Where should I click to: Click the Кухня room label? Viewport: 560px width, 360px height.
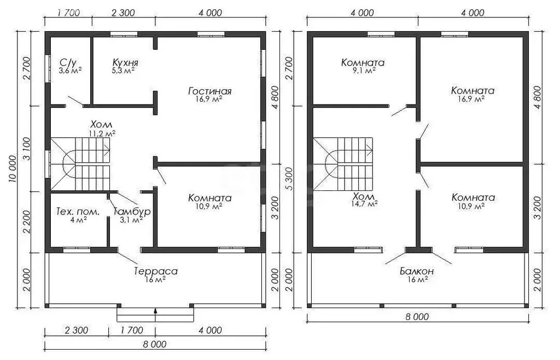[x=125, y=62]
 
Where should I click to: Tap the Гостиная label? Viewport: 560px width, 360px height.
[x=209, y=91]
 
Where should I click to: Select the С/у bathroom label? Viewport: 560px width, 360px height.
[x=68, y=63]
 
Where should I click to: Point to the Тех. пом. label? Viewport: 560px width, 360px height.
[x=78, y=212]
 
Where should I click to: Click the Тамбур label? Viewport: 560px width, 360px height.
[x=132, y=211]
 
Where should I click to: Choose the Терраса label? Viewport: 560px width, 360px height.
[x=156, y=271]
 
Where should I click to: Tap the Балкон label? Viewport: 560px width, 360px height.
[x=417, y=271]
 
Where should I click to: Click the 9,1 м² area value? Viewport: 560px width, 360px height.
[x=363, y=71]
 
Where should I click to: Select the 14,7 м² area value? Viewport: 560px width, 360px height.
[x=364, y=204]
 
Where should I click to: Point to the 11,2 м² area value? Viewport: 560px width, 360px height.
[x=102, y=133]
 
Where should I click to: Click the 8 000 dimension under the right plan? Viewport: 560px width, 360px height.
[x=417, y=316]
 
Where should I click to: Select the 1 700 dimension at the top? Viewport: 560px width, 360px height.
[x=68, y=13]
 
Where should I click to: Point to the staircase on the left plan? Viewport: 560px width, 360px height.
[x=80, y=164]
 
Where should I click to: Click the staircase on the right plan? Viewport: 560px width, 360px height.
[x=343, y=164]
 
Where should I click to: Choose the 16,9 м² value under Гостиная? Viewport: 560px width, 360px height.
[x=210, y=99]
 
